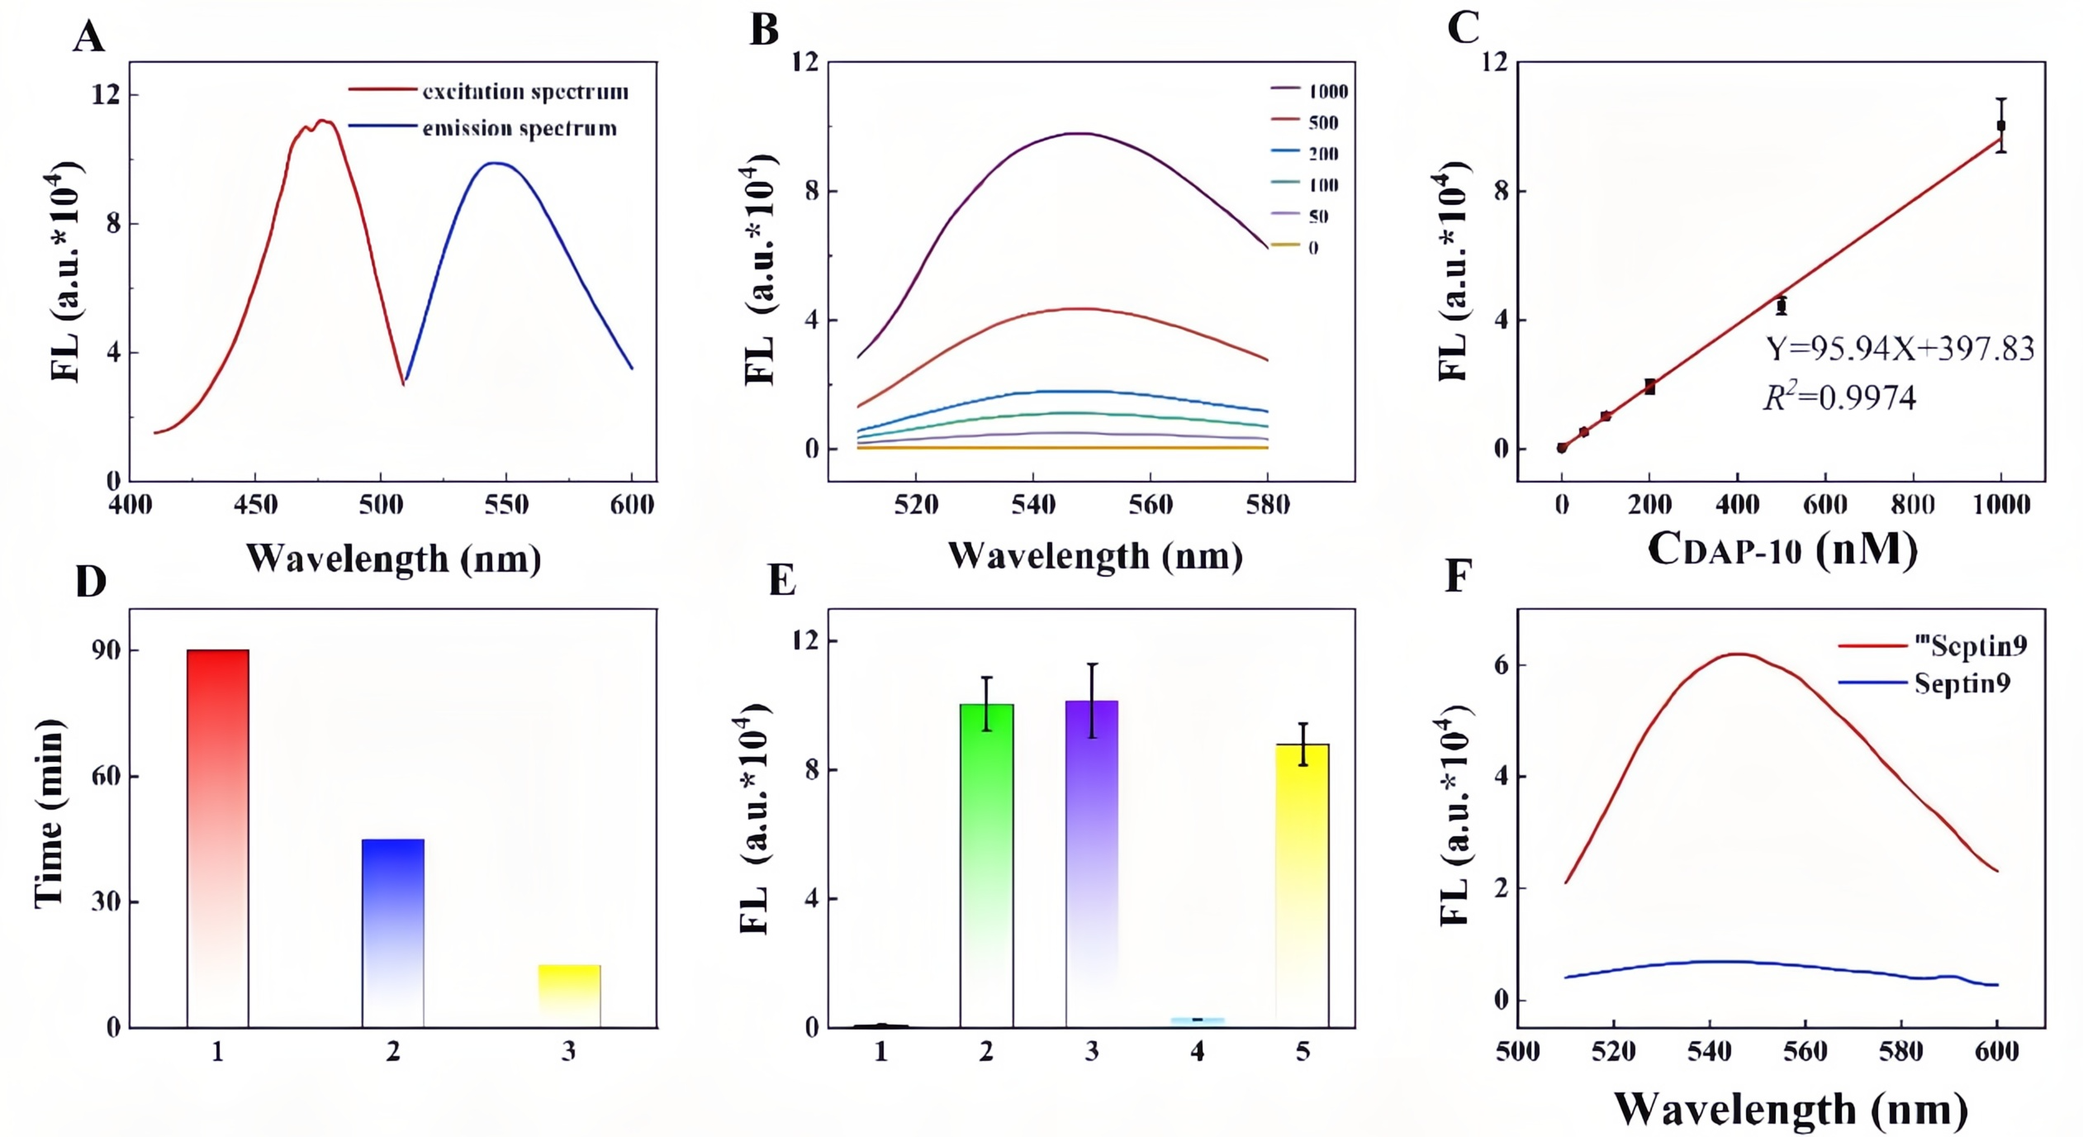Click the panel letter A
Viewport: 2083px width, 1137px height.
pos(89,38)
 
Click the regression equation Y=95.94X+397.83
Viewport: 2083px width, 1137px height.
pos(1900,349)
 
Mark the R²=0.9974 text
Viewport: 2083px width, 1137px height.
pos(1839,398)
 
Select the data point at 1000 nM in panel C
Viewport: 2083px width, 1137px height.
pos(2000,126)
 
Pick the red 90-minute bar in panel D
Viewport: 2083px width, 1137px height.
pos(218,838)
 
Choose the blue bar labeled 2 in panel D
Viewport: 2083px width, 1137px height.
pos(393,933)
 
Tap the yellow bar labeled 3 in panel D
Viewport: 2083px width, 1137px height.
pos(569,996)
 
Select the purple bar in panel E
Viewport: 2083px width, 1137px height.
pos(1092,863)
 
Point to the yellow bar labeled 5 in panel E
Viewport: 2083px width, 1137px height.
pos(1302,885)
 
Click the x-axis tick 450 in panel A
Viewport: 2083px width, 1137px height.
pos(255,504)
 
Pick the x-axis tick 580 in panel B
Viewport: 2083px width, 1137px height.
pos(1267,504)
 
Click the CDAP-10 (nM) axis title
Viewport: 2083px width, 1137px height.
pos(1782,549)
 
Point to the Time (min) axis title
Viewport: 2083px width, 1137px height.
pos(50,814)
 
